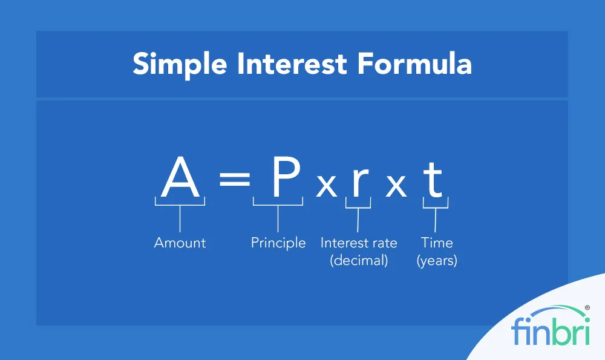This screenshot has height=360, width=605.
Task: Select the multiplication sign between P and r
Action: coord(327,186)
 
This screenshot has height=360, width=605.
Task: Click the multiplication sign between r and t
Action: coord(396,186)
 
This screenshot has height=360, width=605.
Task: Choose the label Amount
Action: coord(180,243)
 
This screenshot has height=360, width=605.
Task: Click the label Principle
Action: coord(278,243)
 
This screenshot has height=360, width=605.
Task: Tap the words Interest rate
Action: coord(359,243)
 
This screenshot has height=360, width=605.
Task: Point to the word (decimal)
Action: coord(359,261)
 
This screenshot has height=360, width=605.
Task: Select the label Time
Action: coord(437,243)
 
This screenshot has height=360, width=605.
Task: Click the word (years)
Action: coord(437,261)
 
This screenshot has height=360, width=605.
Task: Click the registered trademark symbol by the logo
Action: coord(587,308)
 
